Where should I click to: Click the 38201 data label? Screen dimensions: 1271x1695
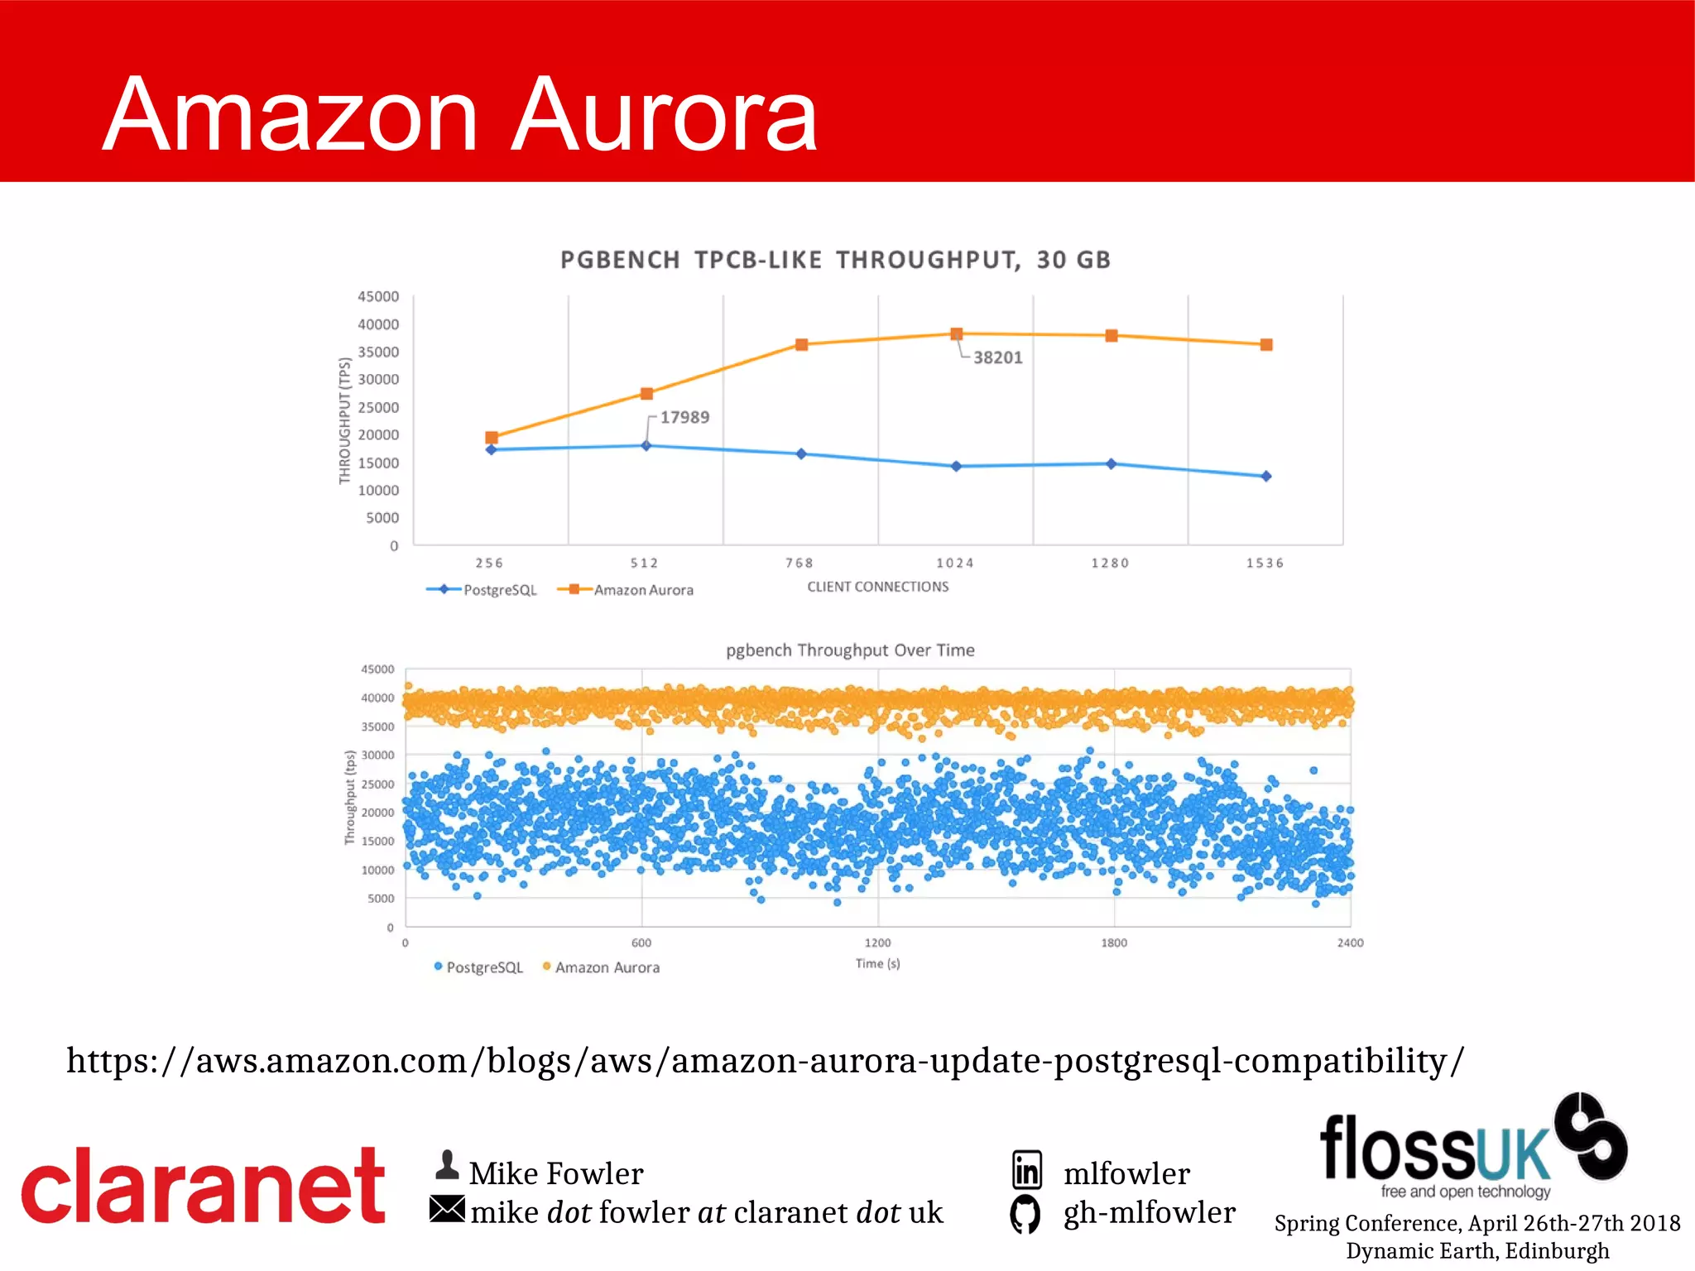point(997,357)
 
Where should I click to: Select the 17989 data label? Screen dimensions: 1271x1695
point(684,417)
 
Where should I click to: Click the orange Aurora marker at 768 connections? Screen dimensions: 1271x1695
point(801,344)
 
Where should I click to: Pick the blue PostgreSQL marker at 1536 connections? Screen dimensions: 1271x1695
point(1265,477)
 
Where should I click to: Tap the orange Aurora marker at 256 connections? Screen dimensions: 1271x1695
point(492,438)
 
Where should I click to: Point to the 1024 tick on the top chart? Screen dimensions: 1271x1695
point(955,563)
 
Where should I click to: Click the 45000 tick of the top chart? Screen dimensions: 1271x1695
point(378,296)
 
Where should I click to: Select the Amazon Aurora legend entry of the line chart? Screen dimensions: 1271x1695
point(627,590)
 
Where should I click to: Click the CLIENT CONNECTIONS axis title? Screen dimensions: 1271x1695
point(878,587)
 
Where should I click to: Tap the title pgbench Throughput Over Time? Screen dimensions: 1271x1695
point(850,650)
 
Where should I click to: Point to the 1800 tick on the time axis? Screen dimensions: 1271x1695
point(1114,942)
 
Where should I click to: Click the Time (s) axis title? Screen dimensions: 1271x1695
point(877,963)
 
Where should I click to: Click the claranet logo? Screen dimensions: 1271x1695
point(203,1185)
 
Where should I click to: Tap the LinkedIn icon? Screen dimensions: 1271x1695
point(1027,1170)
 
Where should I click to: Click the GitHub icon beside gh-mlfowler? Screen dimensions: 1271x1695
point(1025,1214)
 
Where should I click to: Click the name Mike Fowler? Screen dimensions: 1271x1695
point(556,1173)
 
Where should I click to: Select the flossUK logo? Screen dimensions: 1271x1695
point(1473,1146)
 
